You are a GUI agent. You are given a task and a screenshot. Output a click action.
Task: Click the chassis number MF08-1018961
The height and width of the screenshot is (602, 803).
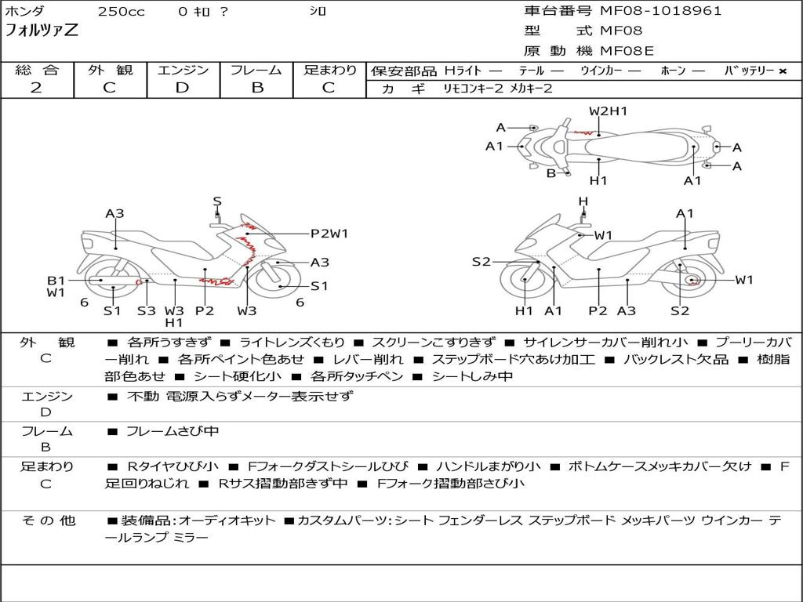click(x=661, y=11)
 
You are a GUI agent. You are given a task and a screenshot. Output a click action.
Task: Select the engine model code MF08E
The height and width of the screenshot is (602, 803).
click(x=627, y=52)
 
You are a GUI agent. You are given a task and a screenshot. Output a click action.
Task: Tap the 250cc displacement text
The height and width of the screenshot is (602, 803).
click(x=121, y=12)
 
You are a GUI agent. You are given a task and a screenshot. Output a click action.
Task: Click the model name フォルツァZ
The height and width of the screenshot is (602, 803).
click(x=42, y=31)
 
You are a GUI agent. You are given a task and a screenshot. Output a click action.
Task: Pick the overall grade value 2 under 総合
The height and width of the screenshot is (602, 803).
click(x=36, y=88)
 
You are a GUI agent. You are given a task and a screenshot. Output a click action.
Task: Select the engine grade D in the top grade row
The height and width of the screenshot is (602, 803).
click(x=182, y=88)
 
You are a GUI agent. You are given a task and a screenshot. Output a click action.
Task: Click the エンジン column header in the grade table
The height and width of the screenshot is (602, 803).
click(x=183, y=71)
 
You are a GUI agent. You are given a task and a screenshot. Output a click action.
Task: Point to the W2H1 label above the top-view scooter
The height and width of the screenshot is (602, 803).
click(x=608, y=111)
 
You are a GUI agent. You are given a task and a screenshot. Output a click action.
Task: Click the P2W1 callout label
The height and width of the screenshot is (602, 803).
click(x=329, y=233)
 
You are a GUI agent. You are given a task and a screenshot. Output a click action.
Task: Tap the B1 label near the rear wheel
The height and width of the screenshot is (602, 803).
click(x=55, y=280)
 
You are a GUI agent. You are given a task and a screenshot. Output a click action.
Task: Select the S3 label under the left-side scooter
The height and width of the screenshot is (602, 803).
click(x=147, y=310)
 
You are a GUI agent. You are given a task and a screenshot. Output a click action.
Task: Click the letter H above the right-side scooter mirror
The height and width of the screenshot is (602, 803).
click(x=583, y=201)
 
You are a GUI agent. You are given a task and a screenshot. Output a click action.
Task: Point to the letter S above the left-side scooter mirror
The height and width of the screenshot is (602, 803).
click(x=217, y=201)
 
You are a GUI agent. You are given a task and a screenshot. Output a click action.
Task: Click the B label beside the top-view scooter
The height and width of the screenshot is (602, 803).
click(x=550, y=173)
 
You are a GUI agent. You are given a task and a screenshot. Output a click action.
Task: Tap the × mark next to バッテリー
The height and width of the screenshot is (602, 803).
click(x=782, y=71)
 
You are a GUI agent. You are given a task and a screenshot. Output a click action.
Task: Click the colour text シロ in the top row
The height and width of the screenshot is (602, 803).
click(x=318, y=12)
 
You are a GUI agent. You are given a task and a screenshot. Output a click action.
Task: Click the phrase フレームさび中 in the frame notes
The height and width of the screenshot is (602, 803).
click(x=173, y=431)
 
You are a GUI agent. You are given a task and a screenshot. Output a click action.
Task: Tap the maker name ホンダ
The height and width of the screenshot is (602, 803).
click(x=25, y=12)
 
